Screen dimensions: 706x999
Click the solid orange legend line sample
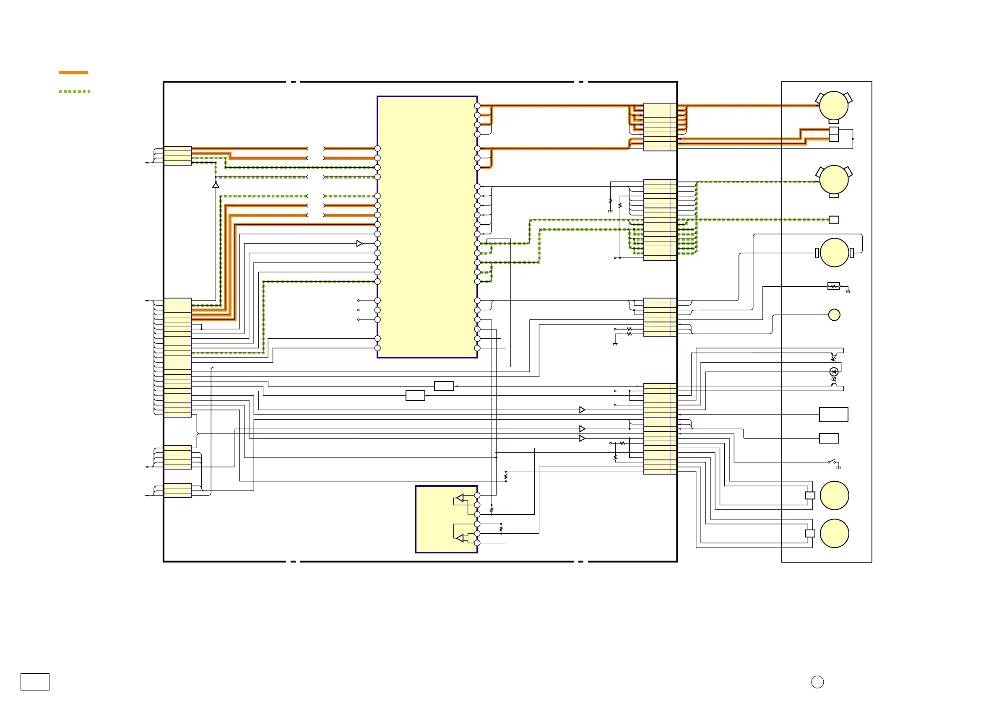pos(73,73)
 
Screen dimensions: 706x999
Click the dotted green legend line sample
pos(74,91)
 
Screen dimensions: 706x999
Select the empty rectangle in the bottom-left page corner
pos(35,682)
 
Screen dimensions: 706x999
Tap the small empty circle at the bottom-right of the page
pos(817,682)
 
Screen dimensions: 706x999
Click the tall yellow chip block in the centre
pos(427,227)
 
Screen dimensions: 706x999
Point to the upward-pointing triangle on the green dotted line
pos(216,185)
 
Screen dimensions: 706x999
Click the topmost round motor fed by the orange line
pos(833,105)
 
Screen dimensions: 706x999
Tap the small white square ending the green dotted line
pos(834,220)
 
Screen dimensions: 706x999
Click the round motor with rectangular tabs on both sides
pos(834,252)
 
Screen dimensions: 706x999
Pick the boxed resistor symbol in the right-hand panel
pos(833,286)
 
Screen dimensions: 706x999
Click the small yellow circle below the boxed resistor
pos(834,314)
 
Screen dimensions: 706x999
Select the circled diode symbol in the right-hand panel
pos(834,371)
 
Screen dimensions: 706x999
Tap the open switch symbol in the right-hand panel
pos(832,462)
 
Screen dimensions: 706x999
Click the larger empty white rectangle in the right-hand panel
pos(833,415)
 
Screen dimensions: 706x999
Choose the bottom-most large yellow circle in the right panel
pos(834,533)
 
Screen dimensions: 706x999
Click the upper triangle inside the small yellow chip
pos(460,498)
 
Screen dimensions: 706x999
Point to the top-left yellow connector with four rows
pos(177,156)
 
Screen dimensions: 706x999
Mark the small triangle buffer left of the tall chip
pos(359,244)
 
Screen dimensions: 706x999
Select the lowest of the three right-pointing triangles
pos(582,439)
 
